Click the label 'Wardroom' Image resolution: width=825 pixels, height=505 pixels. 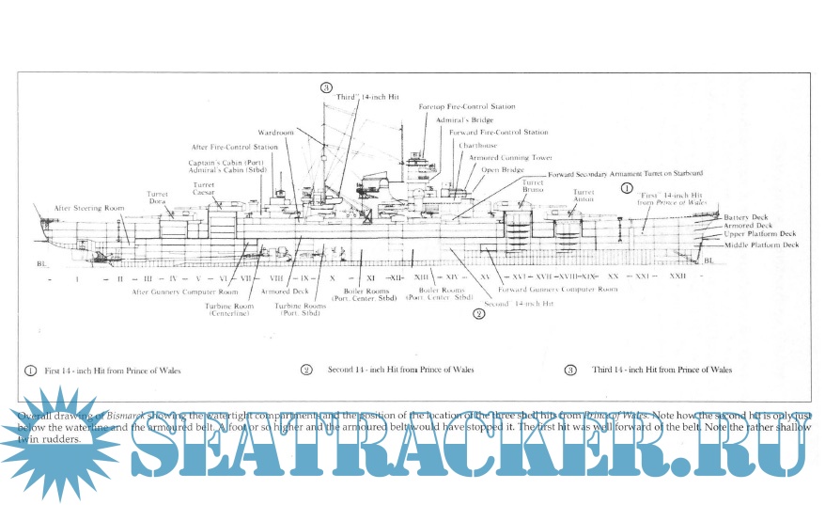[276, 133]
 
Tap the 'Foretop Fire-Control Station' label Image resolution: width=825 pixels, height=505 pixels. [467, 107]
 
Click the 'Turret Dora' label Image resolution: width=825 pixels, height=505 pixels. [158, 197]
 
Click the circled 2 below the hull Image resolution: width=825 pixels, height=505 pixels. [479, 313]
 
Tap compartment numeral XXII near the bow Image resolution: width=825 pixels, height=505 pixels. [677, 277]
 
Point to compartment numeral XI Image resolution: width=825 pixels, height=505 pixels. [371, 278]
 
